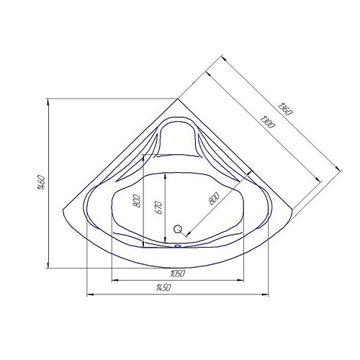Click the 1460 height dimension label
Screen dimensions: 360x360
(x=41, y=183)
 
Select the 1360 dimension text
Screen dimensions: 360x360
(x=285, y=109)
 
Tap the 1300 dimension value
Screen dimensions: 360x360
(x=268, y=122)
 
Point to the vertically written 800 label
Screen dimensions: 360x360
(x=137, y=201)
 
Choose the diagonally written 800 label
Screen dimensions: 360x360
(x=214, y=199)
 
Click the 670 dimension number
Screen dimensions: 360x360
(x=159, y=207)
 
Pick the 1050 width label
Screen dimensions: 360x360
(x=178, y=274)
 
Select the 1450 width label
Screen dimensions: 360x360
(x=163, y=287)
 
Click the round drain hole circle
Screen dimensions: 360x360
(x=178, y=229)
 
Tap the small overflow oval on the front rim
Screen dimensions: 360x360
(x=178, y=246)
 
